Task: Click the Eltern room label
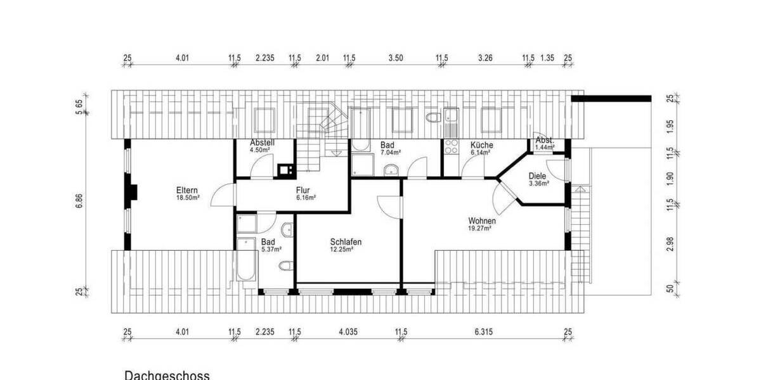coord(188,190)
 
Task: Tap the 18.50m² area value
coord(188,198)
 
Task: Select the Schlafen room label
coord(346,242)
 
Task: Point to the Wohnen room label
coord(482,220)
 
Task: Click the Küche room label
coord(481,145)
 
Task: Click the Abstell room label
coord(262,142)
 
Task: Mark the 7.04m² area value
coord(391,153)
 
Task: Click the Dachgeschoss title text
coord(167,375)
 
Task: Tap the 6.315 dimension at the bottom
coord(485,331)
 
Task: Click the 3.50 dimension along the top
coord(395,58)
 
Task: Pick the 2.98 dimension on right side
coord(669,244)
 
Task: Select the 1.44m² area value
coord(544,148)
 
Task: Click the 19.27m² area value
coord(479,228)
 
